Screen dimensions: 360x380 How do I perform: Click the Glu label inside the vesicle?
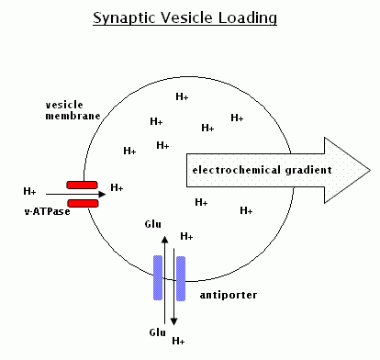pyautogui.click(x=153, y=224)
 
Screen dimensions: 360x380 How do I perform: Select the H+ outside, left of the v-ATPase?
pyautogui.click(x=29, y=192)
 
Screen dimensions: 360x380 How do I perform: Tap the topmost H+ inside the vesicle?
pyautogui.click(x=182, y=96)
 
